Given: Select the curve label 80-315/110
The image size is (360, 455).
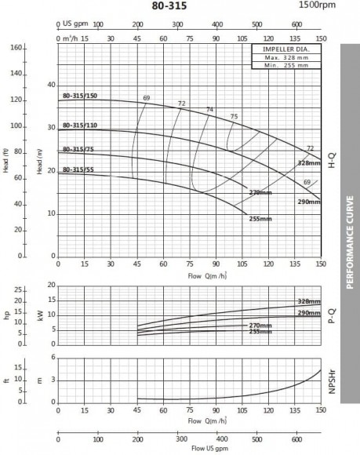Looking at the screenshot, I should (80, 126).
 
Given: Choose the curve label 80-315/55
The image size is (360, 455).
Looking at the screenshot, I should (78, 169).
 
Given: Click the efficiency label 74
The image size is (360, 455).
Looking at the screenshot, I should (209, 109).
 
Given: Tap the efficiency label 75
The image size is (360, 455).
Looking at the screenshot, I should (234, 117).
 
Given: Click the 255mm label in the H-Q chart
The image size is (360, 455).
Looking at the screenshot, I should (260, 219).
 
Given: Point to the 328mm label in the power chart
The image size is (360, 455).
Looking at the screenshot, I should (309, 301).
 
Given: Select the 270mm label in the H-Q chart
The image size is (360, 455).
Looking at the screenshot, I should (259, 192).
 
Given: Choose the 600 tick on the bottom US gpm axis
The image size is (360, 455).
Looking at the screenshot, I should (297, 440).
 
